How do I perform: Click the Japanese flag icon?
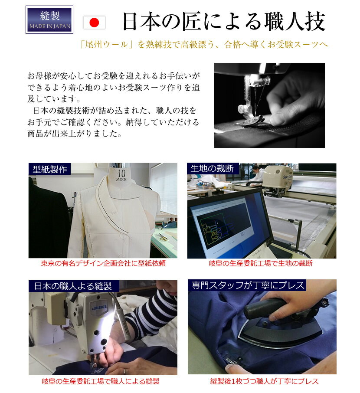pos(94,23)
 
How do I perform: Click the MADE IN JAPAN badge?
pos(49,20)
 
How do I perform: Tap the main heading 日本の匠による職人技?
pos(224,22)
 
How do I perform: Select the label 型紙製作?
pos(49,169)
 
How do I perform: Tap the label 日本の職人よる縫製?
pos(73,286)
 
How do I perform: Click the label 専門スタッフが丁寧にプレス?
pos(247,285)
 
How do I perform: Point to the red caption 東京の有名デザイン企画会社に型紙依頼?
pos(103,263)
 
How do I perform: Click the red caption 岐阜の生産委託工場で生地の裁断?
pos(261,263)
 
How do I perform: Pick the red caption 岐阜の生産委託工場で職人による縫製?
pos(101,381)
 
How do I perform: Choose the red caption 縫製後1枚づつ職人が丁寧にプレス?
pos(264,381)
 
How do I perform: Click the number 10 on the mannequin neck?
pos(121,173)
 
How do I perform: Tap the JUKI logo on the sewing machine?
pos(99,307)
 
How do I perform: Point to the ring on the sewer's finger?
pos(124,371)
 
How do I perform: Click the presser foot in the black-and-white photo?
pos(251,118)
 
